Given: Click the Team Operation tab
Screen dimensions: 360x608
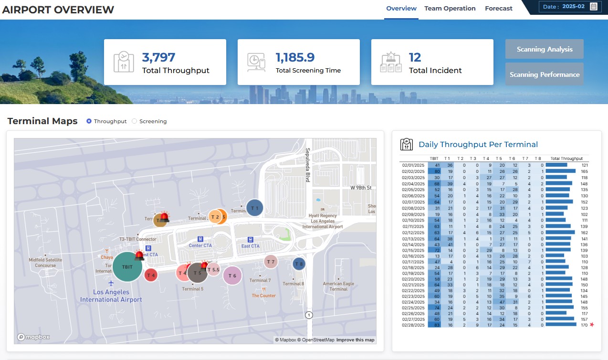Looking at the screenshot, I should pyautogui.click(x=450, y=9).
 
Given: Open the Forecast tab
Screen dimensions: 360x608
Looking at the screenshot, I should pyautogui.click(x=498, y=9).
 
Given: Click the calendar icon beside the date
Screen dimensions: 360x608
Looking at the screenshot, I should pyautogui.click(x=593, y=7).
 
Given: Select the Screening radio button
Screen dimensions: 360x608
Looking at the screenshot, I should pyautogui.click(x=134, y=121).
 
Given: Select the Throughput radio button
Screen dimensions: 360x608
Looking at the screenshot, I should pyautogui.click(x=89, y=121).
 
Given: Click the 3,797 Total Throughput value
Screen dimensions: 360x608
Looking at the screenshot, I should pyautogui.click(x=159, y=58).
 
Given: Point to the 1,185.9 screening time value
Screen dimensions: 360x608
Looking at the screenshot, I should pyautogui.click(x=295, y=58).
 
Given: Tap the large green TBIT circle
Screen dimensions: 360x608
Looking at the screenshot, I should pyautogui.click(x=127, y=267).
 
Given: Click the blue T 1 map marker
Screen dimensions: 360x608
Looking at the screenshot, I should pyautogui.click(x=255, y=208).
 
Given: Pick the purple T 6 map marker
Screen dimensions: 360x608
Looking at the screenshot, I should pyautogui.click(x=232, y=275).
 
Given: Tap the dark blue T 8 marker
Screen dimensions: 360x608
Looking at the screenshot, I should pyautogui.click(x=299, y=264).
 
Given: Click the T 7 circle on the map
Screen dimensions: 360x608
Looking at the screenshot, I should pyautogui.click(x=271, y=262).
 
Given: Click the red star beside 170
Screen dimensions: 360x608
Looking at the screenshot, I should pyautogui.click(x=592, y=325).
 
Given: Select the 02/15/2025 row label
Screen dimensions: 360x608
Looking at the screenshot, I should pyautogui.click(x=413, y=250).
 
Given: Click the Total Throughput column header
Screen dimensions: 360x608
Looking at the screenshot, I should pyautogui.click(x=566, y=159).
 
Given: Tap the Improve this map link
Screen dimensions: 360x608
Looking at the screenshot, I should pyautogui.click(x=355, y=340).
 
